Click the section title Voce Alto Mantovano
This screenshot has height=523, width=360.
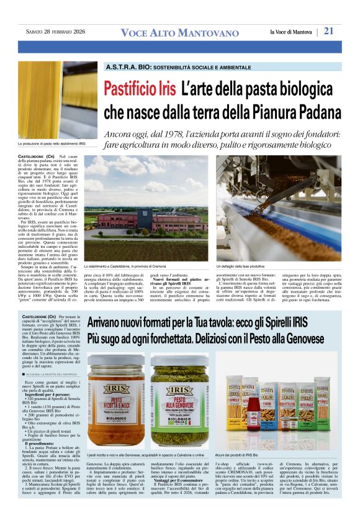point(179,33)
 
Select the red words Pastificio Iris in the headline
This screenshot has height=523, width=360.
point(140,89)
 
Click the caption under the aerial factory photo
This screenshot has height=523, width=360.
point(128,265)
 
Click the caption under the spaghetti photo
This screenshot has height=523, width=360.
point(52,143)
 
